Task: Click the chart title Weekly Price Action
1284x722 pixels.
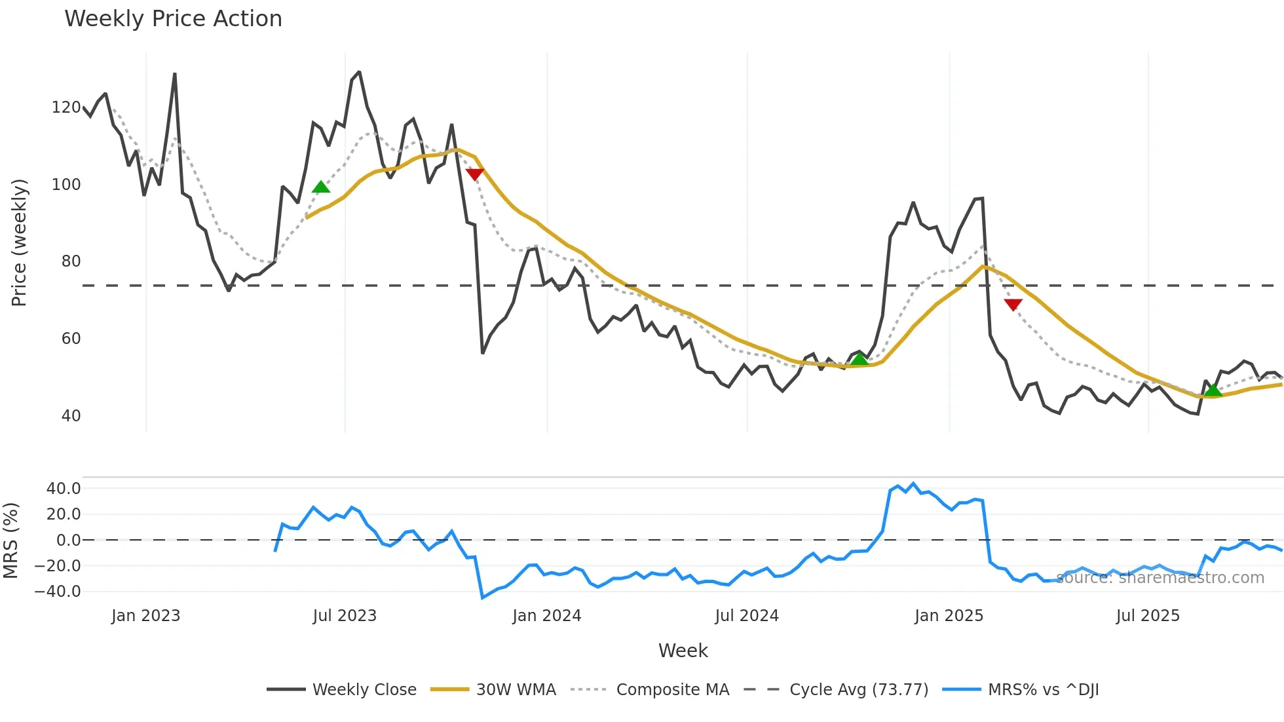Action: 173,19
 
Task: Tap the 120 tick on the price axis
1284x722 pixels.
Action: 66,107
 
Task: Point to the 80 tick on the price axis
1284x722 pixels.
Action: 70,261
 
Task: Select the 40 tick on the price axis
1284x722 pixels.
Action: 70,416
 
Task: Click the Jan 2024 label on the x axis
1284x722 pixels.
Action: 546,616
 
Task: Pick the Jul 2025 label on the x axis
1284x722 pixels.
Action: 1148,616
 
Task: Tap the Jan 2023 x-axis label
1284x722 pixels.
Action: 145,616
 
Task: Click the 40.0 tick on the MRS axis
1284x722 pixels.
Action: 64,489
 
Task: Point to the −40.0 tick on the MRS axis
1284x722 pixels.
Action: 58,592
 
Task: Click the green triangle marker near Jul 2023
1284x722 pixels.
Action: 321,187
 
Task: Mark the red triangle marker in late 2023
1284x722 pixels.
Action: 474,174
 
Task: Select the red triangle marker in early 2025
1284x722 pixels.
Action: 1013,305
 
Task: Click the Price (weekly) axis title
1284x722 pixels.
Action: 20,242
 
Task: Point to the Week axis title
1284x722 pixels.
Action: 683,651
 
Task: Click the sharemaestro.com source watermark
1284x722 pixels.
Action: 1160,578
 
